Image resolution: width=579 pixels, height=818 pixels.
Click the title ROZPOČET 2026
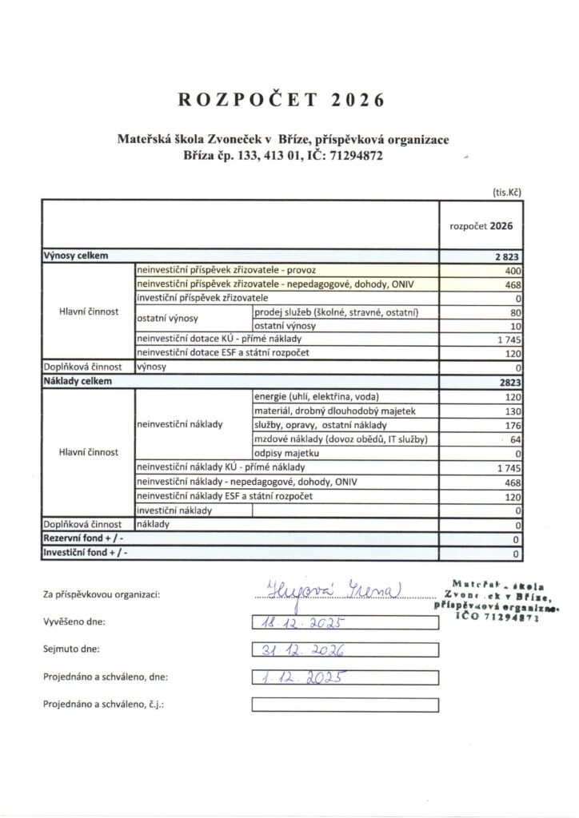282,100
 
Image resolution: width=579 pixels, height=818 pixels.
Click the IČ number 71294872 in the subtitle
349,157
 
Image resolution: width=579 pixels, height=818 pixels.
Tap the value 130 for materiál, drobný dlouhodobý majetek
512,411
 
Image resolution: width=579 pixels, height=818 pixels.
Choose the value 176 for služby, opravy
512,425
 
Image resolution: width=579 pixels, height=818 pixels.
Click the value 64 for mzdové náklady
515,439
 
